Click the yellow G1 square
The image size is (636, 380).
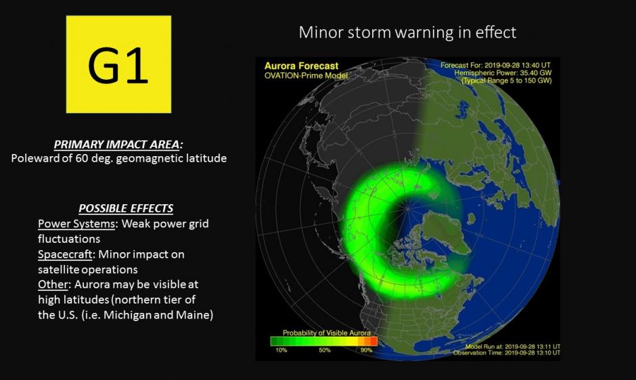[x=118, y=64]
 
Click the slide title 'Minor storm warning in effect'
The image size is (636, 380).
[x=407, y=32]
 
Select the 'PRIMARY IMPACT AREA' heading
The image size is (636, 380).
[x=118, y=145]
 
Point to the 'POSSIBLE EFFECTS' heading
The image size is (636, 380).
[x=126, y=208]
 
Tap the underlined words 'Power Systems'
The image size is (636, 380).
[x=76, y=223]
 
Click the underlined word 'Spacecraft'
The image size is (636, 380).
[x=65, y=254]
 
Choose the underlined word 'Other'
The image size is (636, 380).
[x=53, y=284]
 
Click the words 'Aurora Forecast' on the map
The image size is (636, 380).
[x=301, y=66]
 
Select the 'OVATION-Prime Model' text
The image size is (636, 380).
[x=306, y=76]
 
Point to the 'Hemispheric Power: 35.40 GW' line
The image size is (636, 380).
[x=503, y=73]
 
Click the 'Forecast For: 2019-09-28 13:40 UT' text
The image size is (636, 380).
[x=495, y=65]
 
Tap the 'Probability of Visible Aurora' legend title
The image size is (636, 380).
[x=327, y=333]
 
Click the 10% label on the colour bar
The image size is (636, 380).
[x=281, y=350]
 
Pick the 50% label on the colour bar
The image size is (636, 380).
[x=325, y=350]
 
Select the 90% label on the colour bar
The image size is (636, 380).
[x=366, y=350]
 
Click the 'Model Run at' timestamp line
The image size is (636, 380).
[x=513, y=347]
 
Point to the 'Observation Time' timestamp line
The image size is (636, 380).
[x=507, y=353]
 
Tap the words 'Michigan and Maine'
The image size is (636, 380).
[x=158, y=314]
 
